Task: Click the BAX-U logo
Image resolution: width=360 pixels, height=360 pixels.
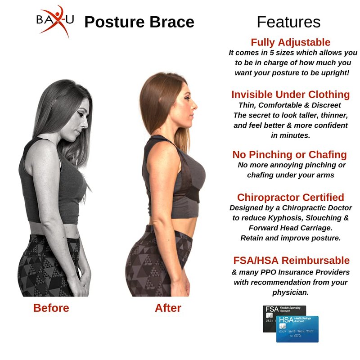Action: click(x=55, y=21)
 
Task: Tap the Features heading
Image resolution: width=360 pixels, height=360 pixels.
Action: click(x=288, y=22)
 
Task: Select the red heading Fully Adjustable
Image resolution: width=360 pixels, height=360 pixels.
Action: click(x=290, y=42)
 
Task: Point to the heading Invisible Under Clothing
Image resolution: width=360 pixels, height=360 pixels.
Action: click(x=290, y=94)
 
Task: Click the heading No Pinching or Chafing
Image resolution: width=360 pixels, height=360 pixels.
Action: click(x=289, y=154)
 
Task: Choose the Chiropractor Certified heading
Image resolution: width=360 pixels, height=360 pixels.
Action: click(x=290, y=198)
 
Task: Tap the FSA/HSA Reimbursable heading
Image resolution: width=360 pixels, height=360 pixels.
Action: click(x=291, y=261)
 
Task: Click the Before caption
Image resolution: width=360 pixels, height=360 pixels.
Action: click(x=51, y=308)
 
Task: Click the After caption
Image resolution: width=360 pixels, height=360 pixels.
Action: click(x=168, y=308)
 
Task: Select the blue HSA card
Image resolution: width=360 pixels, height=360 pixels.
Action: click(x=297, y=329)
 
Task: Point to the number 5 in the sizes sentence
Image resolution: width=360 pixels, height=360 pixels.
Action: click(x=272, y=53)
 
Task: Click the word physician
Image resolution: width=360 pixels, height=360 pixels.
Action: click(x=290, y=292)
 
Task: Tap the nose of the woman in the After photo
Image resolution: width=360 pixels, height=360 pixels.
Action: click(x=195, y=106)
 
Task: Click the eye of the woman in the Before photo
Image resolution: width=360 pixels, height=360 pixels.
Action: click(x=80, y=114)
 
